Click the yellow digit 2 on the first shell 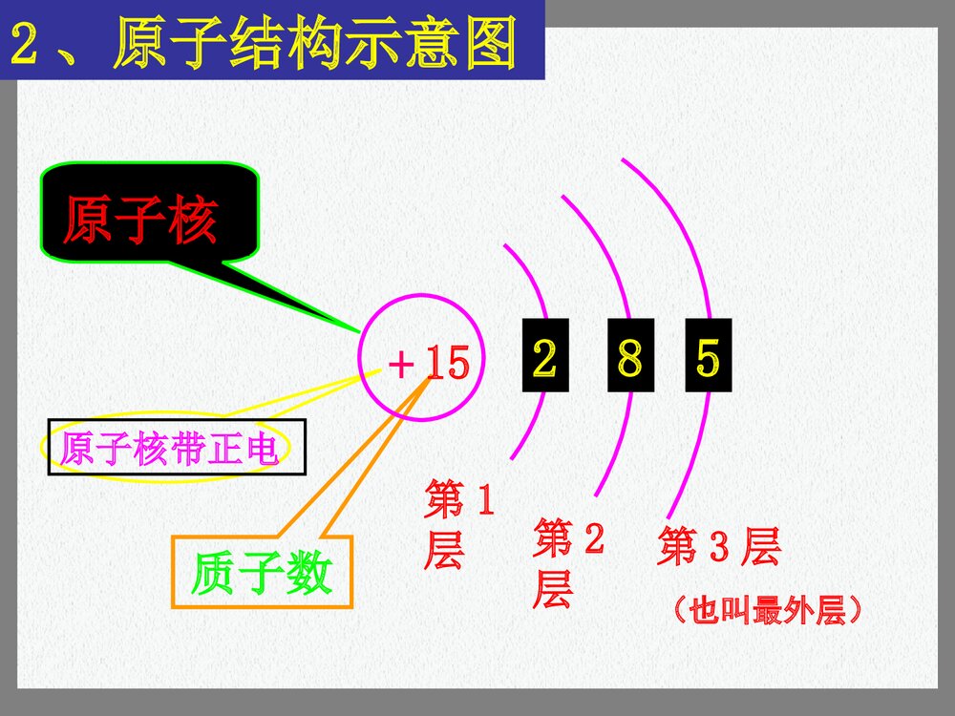click(544, 358)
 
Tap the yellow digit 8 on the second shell click(630, 358)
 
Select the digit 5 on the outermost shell click(708, 358)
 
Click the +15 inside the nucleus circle click(428, 364)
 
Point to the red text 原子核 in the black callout click(140, 221)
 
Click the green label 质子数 click(261, 574)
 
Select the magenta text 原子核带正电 click(170, 449)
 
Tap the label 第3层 click(718, 547)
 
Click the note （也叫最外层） click(766, 610)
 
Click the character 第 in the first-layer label click(444, 500)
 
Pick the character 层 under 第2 click(552, 589)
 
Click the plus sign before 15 click(401, 365)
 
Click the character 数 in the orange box click(309, 574)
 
